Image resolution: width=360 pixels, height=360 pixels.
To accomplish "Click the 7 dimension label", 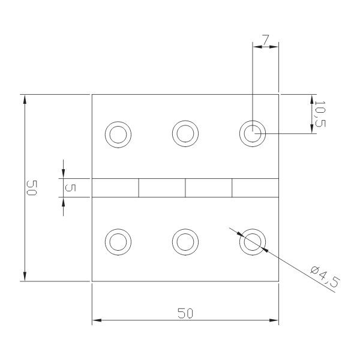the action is click(x=265, y=40).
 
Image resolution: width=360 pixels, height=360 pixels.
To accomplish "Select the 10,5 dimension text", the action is click(x=320, y=114).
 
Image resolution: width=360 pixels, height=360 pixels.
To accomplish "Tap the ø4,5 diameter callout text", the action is click(x=325, y=277).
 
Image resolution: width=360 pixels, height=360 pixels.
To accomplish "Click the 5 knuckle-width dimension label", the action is click(x=71, y=188).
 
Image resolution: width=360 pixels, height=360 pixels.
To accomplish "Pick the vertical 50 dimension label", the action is click(x=32, y=188).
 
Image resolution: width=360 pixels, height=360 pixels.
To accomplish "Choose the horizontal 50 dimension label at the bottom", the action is click(x=185, y=313).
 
